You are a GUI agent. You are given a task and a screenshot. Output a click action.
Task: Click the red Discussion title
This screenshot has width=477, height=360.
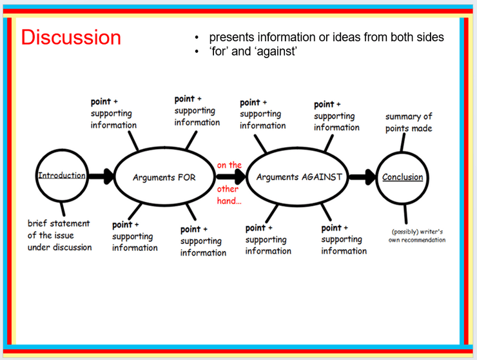click(x=71, y=37)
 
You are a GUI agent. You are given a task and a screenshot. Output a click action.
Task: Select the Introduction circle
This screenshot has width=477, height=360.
click(x=36, y=175)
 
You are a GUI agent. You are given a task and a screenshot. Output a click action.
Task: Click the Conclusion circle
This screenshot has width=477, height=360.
click(x=377, y=177)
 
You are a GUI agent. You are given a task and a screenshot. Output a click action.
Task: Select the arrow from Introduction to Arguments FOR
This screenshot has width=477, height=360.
click(x=101, y=176)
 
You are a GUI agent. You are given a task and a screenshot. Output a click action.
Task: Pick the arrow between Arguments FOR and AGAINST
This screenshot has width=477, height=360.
click(x=231, y=177)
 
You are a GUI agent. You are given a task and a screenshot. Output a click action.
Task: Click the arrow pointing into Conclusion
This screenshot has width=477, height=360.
click(x=363, y=177)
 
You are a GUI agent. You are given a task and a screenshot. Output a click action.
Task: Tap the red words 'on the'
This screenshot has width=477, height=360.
click(x=229, y=165)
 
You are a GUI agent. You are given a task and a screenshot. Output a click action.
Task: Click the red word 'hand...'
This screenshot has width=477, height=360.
click(x=229, y=201)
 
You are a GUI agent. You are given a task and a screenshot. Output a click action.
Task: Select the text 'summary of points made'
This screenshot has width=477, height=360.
click(x=409, y=123)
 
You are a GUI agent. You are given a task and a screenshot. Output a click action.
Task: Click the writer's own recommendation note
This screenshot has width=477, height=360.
click(x=417, y=235)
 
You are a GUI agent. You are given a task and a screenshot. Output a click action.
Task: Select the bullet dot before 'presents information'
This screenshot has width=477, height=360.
click(x=197, y=38)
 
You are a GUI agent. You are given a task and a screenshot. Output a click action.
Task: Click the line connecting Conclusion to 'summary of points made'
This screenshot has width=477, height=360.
click(x=403, y=142)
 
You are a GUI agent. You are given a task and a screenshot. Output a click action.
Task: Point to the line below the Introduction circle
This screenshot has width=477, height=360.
click(x=63, y=209)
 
